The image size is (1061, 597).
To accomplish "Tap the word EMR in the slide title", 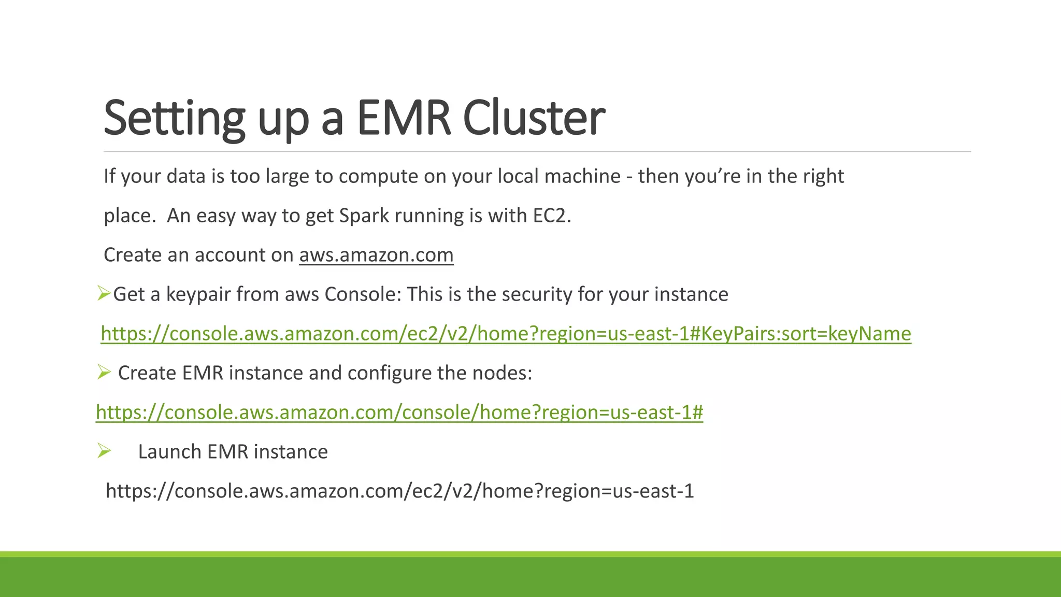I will (x=404, y=118).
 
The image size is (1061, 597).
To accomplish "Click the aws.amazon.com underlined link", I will (x=376, y=255).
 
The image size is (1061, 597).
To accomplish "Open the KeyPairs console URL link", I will (x=506, y=334).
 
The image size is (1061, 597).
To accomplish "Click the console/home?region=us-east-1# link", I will (x=399, y=413).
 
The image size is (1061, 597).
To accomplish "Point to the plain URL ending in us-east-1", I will (x=399, y=491).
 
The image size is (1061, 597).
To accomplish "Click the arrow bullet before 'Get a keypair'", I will (x=104, y=294).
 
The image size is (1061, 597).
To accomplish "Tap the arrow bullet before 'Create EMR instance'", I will (x=104, y=372).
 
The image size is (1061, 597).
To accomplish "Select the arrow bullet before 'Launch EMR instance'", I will (x=104, y=451).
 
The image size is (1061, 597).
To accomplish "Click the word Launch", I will (x=169, y=452).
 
